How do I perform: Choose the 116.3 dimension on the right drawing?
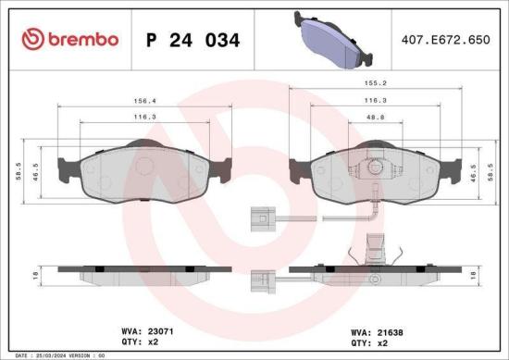[375, 101]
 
